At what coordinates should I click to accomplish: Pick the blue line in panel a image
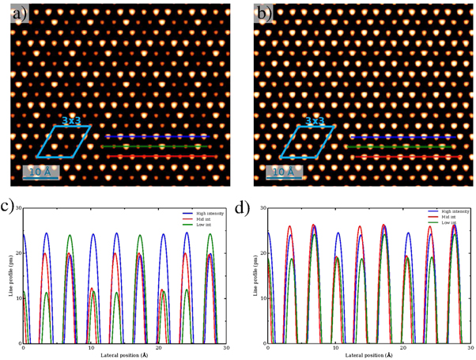(x=158, y=136)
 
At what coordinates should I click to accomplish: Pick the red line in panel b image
(x=402, y=157)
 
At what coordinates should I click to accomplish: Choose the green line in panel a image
(x=158, y=146)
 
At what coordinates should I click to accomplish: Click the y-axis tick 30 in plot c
(x=18, y=210)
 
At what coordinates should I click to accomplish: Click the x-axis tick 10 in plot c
(x=91, y=348)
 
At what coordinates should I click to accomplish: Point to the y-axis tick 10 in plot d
(x=263, y=299)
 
